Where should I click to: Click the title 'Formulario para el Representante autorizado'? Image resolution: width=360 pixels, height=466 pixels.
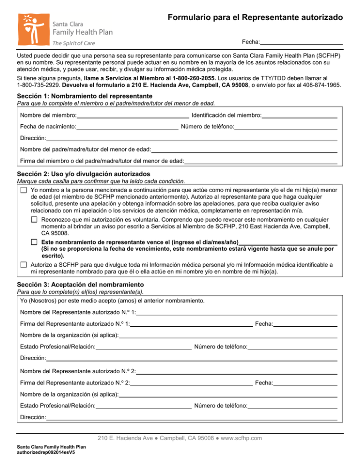pos(255,18)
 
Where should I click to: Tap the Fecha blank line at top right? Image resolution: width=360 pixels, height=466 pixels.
pos(302,42)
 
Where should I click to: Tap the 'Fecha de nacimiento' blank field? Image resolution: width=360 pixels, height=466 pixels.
pos(127,127)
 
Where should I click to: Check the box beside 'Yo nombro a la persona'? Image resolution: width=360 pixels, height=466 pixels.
pos(23,190)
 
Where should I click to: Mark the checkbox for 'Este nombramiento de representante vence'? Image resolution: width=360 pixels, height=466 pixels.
pos(34,241)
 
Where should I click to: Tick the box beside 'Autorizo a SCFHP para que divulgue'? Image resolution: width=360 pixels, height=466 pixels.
pos(23,264)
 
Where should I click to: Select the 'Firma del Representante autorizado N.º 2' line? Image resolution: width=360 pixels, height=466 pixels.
pos(192,383)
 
